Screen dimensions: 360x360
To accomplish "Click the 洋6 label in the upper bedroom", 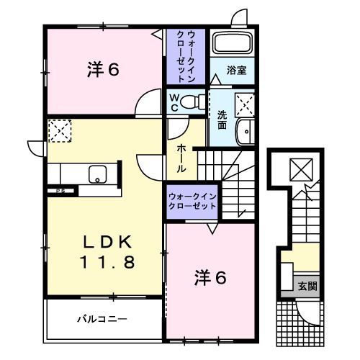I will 103,70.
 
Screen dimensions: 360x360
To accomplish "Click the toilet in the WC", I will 192,101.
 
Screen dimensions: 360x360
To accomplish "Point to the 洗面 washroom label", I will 222,118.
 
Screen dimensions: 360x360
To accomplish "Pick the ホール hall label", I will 181,156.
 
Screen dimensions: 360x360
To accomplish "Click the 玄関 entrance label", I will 307,286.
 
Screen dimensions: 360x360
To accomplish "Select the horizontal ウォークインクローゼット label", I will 192,200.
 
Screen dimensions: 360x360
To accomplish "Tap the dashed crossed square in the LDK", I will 57,132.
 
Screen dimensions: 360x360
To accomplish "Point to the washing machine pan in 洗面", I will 245,106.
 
